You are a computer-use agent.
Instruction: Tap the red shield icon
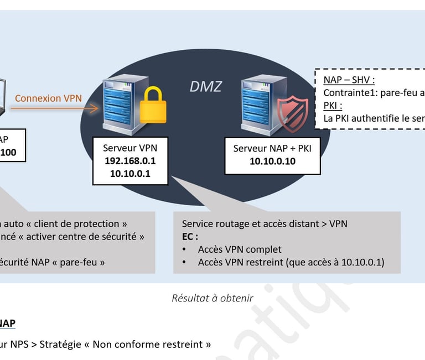click(x=293, y=111)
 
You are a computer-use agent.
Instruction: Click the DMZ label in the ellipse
click(x=206, y=86)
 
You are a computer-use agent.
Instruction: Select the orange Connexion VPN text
click(x=48, y=98)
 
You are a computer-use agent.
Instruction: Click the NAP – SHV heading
click(x=349, y=80)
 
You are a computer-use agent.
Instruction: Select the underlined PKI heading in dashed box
click(x=332, y=105)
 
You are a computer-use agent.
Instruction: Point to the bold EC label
click(x=189, y=236)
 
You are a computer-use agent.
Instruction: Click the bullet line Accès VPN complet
click(x=240, y=249)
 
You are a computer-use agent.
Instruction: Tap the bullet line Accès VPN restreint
click(x=291, y=262)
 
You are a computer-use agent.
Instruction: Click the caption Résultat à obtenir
click(x=212, y=298)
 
